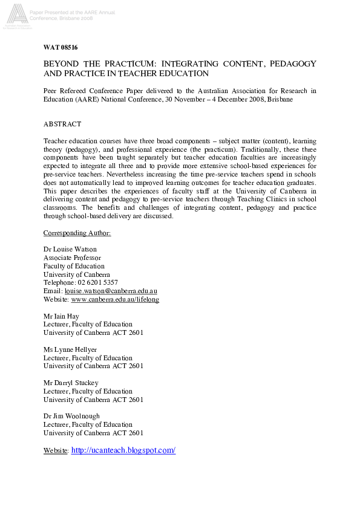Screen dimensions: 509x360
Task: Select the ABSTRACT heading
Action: (62, 124)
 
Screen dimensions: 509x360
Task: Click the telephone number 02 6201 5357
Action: (97, 282)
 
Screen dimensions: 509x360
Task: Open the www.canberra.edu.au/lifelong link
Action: (115, 299)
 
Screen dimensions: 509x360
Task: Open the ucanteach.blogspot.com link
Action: (123, 450)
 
